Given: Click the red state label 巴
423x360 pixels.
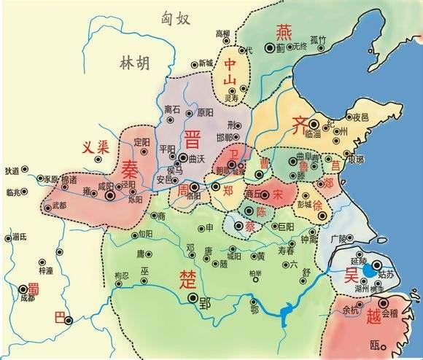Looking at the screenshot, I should (61, 318).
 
